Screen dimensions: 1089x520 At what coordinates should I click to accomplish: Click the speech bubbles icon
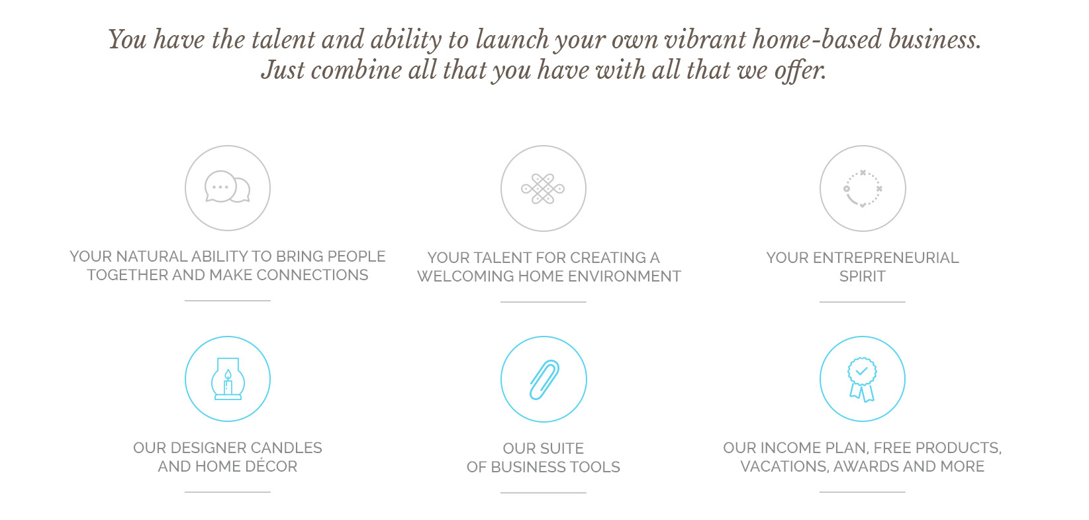tap(228, 187)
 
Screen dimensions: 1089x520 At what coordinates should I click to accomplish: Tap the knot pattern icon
tap(543, 188)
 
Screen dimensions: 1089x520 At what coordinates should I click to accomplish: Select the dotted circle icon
tap(863, 189)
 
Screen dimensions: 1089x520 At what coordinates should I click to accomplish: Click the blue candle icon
tap(228, 379)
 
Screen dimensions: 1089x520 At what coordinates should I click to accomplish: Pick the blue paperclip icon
tap(544, 380)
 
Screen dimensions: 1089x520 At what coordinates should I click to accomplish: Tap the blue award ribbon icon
tap(862, 380)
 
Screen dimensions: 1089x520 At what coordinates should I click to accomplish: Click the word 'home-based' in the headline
tap(817, 39)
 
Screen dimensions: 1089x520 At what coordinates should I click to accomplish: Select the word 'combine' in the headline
tap(356, 70)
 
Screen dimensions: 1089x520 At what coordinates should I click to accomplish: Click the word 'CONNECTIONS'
tap(312, 275)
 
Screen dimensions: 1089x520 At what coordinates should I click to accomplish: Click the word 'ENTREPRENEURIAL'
tap(886, 257)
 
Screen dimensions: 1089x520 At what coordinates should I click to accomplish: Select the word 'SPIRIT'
tap(863, 276)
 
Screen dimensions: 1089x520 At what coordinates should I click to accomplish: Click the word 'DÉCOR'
tap(271, 466)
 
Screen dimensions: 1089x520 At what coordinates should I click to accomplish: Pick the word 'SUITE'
tap(560, 448)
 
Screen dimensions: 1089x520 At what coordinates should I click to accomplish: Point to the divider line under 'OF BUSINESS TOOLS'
tap(543, 492)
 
